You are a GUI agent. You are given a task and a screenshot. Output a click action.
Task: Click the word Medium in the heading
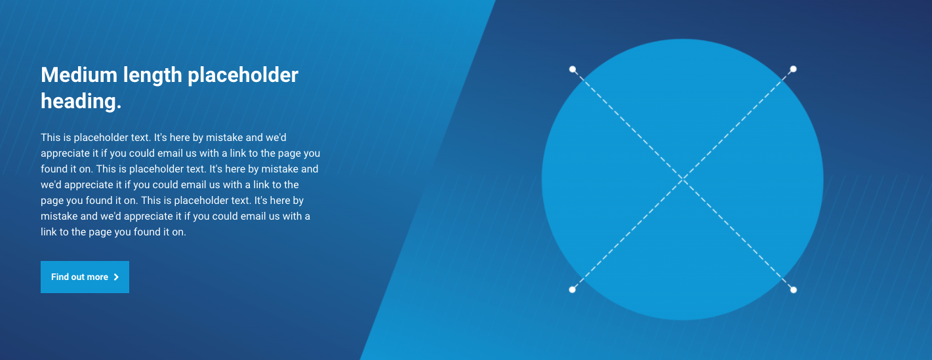coord(79,75)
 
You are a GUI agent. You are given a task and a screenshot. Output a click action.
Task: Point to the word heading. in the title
coord(81,102)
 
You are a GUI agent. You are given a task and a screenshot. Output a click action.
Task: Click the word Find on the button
coord(58,277)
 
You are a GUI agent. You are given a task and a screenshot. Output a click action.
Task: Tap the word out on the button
coord(77,277)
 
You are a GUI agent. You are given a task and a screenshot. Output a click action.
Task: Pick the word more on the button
coord(97,277)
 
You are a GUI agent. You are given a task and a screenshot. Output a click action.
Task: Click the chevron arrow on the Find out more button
coord(116,277)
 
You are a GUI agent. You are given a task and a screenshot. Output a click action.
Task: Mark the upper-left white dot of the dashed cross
coord(573,69)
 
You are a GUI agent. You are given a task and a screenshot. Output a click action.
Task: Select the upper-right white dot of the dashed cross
coord(793,69)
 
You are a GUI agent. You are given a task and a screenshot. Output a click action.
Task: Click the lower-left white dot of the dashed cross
coord(573,290)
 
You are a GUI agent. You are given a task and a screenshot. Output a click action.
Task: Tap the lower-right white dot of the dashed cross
coord(793,290)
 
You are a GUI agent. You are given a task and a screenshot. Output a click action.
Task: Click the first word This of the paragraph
coord(51,138)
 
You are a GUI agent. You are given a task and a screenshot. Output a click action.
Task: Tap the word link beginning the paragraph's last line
coord(49,232)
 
